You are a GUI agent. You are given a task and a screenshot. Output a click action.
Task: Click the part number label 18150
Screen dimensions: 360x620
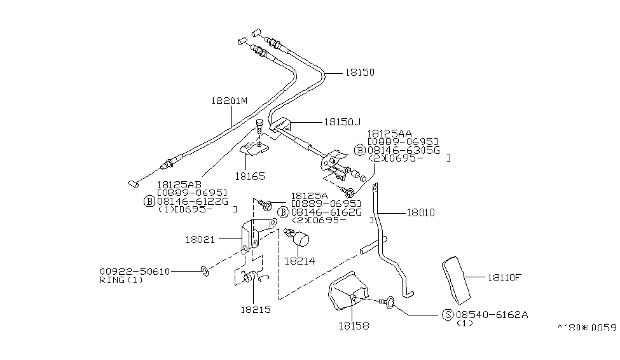360,73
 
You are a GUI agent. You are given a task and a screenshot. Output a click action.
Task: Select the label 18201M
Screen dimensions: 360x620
229,100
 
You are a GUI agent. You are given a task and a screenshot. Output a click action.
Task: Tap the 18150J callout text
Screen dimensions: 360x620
341,121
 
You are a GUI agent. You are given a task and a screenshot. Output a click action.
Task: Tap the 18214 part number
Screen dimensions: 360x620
299,260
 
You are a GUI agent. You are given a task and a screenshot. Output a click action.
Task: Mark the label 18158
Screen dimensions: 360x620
354,326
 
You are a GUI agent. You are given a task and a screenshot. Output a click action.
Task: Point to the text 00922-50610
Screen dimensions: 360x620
134,272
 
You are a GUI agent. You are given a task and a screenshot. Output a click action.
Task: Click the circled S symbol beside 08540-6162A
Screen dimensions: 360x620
448,315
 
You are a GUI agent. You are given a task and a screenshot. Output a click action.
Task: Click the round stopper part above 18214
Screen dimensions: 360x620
300,240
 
